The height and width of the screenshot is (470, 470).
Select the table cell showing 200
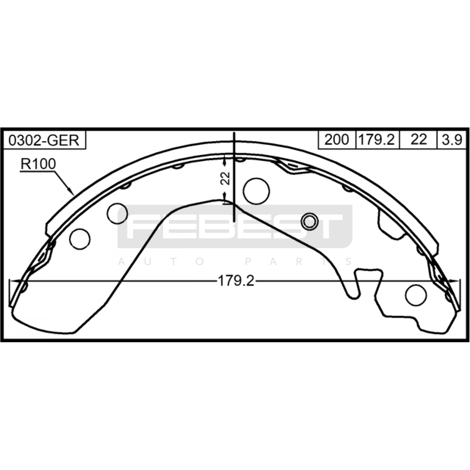[x=337, y=140]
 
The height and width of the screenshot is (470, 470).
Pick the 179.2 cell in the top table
[x=377, y=140]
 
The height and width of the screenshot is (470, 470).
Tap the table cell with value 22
[x=418, y=140]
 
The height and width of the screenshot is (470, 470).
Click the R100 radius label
[x=38, y=164]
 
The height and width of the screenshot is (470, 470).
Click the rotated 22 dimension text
[x=226, y=178]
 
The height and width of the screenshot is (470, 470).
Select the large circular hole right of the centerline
[x=256, y=191]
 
